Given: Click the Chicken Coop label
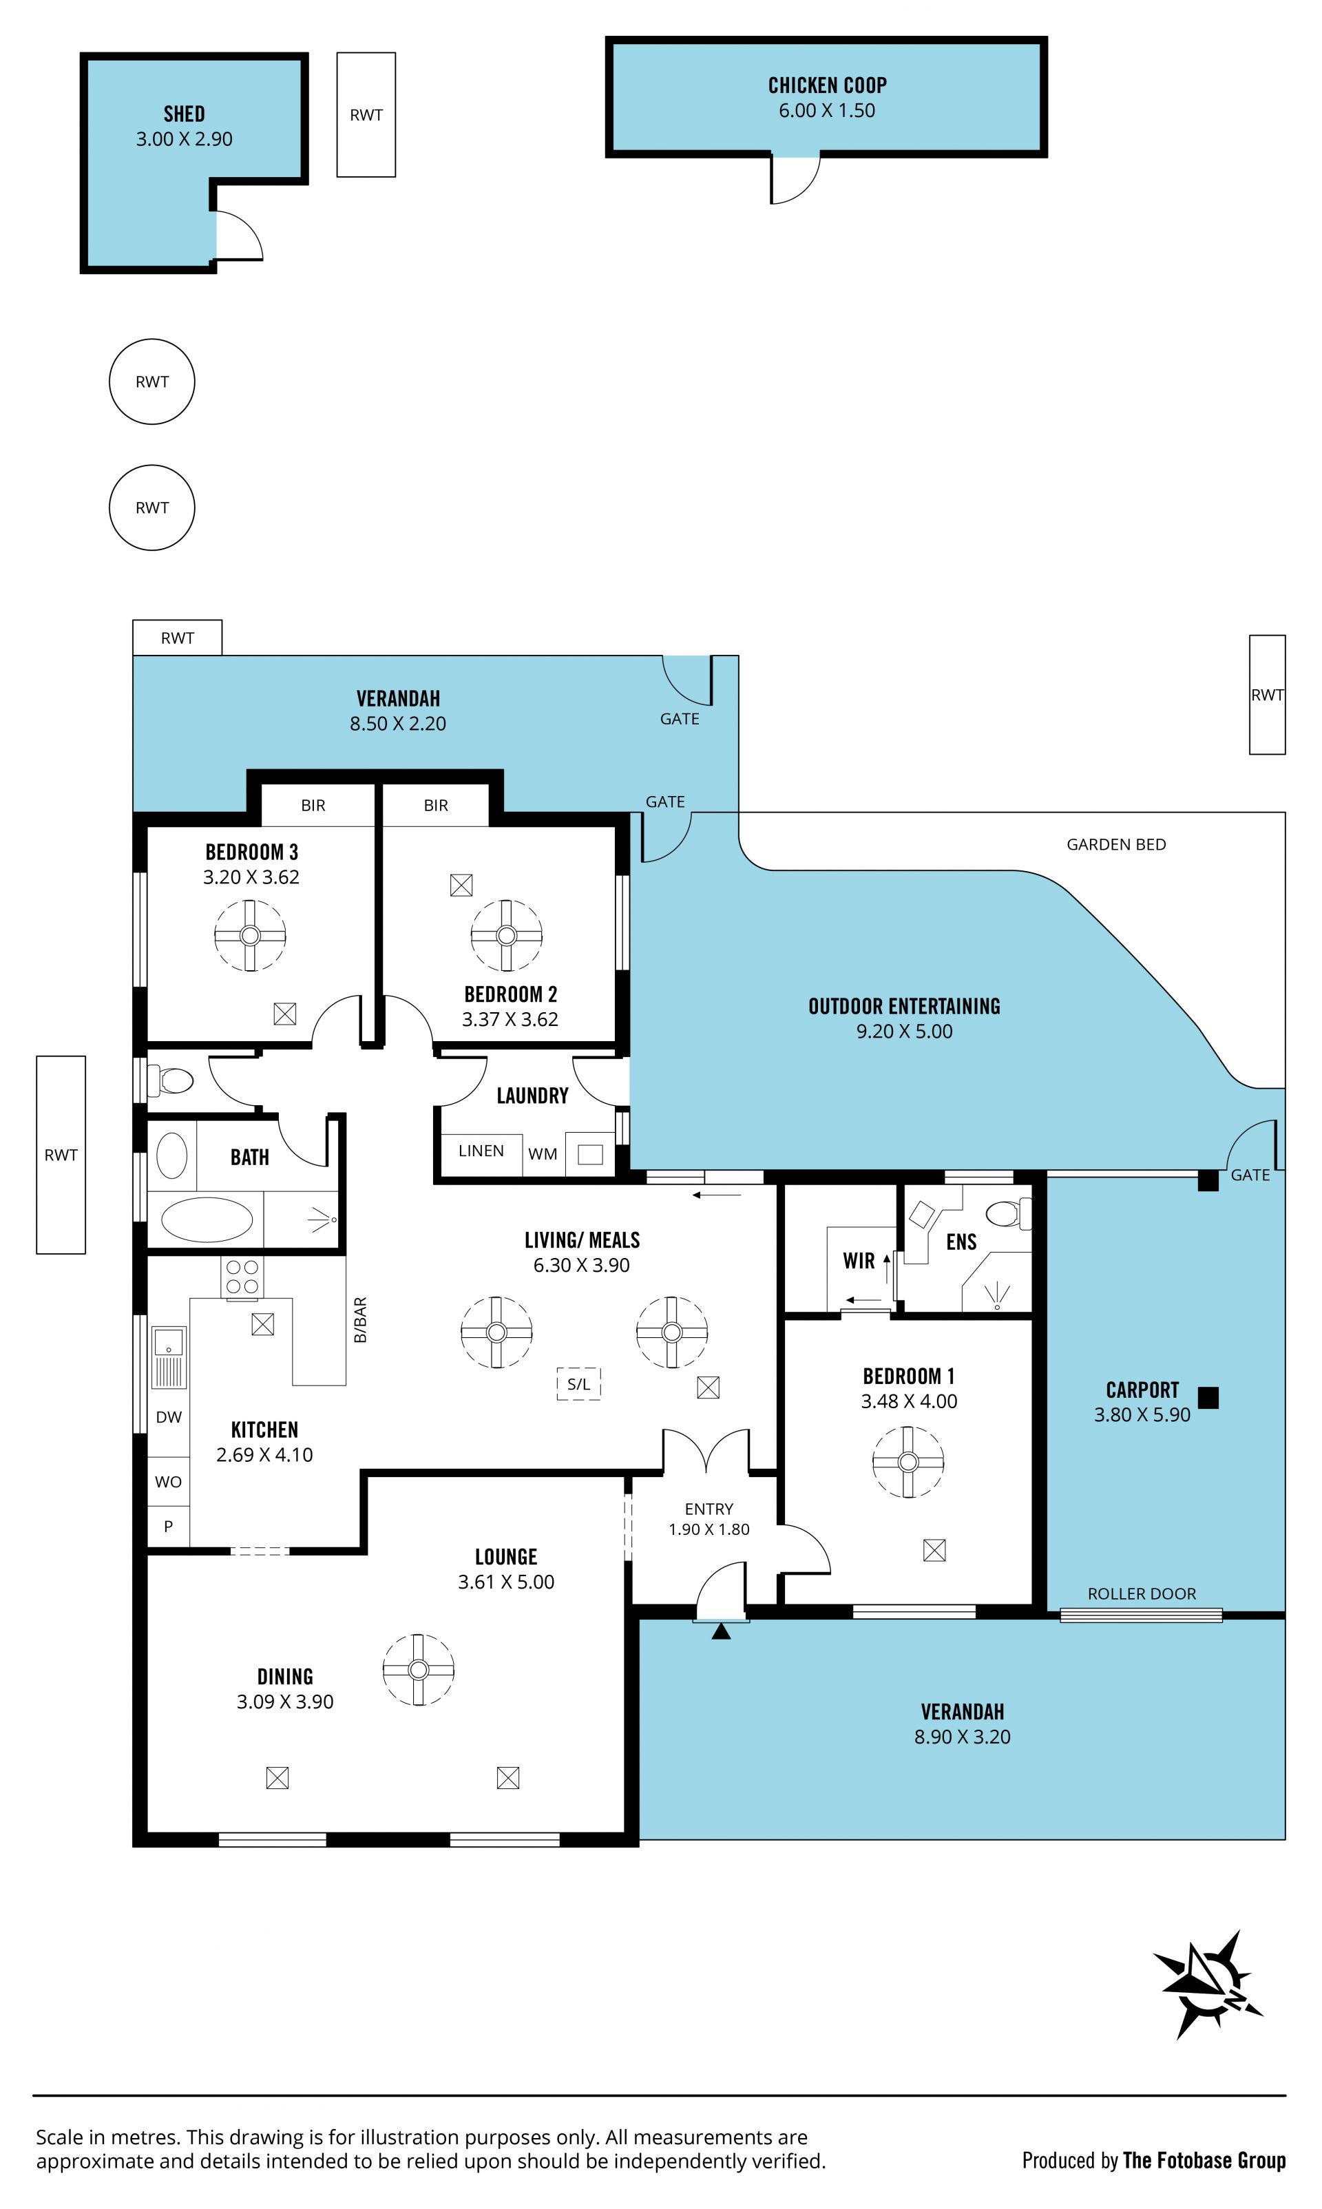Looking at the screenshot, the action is click(827, 85).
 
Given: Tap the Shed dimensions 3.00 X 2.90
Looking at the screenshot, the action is click(184, 139).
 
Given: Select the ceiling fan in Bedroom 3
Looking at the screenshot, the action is click(251, 935).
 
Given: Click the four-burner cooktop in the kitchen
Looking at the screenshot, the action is click(242, 1277).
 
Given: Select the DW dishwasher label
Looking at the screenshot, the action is click(169, 1417).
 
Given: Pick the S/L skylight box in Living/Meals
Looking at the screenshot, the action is click(579, 1384).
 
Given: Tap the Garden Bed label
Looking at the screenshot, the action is click(1116, 844).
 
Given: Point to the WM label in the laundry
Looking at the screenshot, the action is click(543, 1154).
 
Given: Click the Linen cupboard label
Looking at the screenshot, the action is click(481, 1151).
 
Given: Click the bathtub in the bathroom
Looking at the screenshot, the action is click(206, 1219).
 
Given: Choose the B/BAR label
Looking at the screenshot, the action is click(360, 1319).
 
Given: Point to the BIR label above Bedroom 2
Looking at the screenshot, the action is click(436, 805).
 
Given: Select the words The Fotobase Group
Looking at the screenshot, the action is click(1204, 2160).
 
